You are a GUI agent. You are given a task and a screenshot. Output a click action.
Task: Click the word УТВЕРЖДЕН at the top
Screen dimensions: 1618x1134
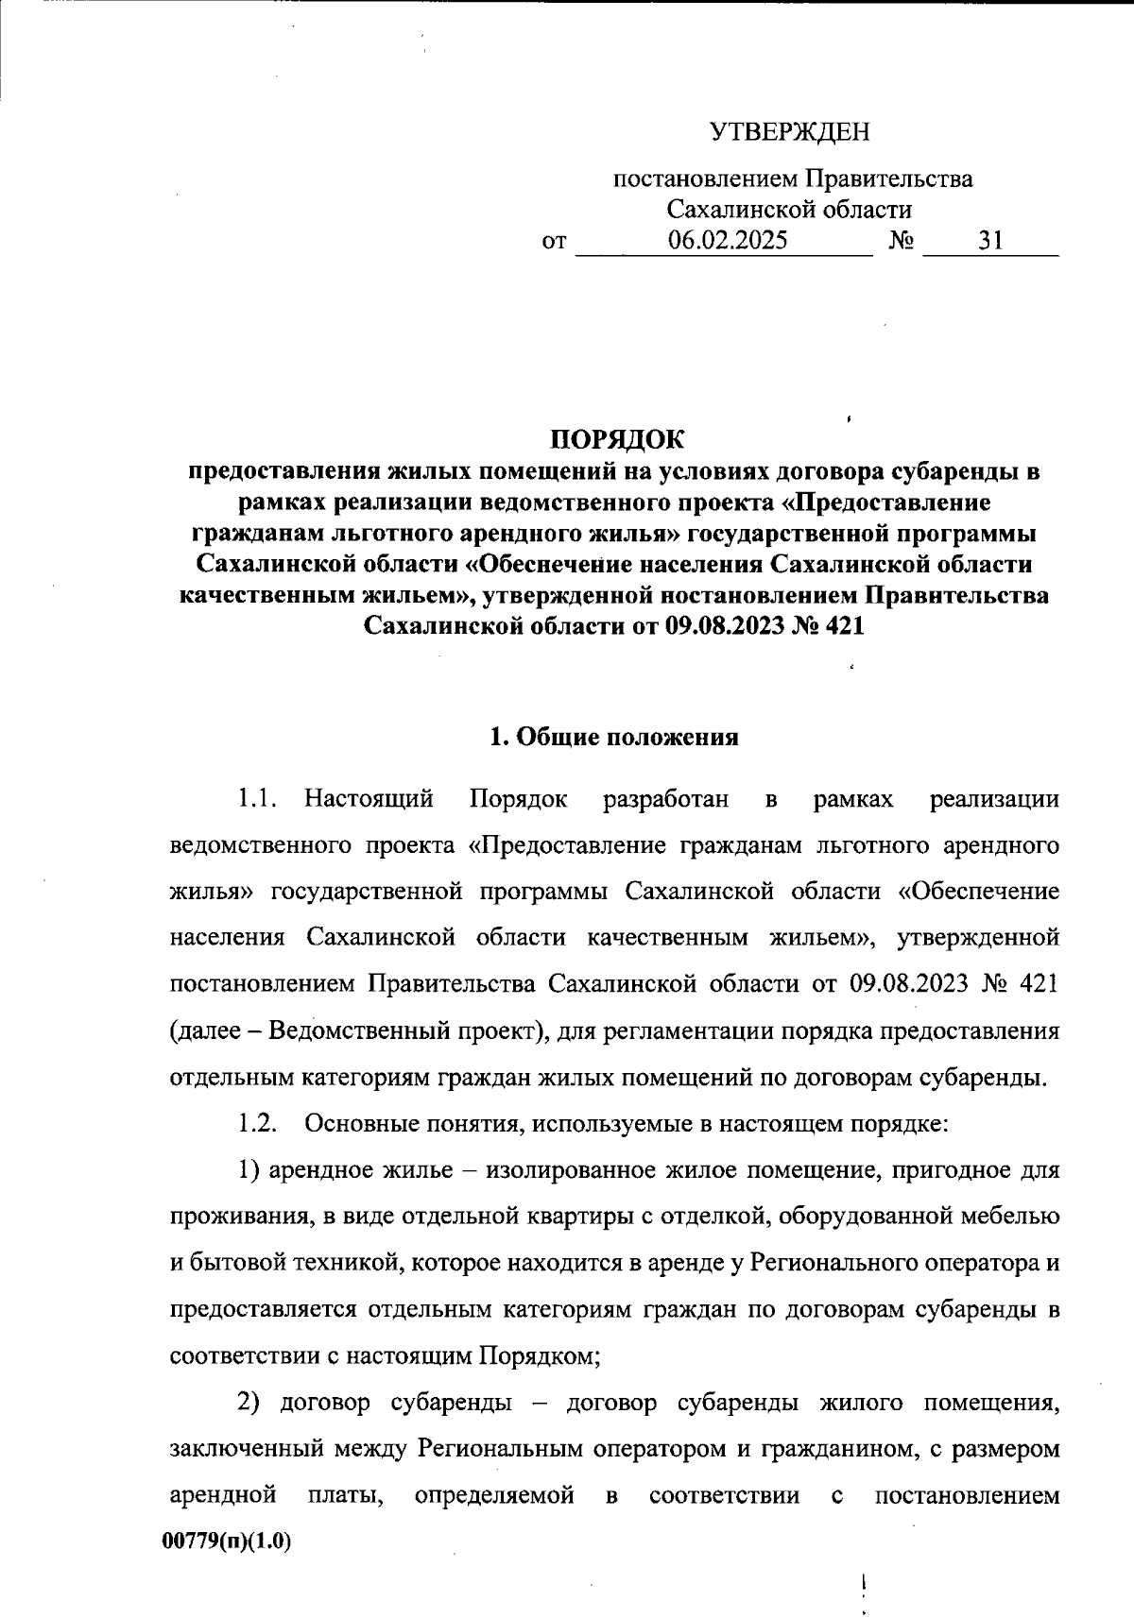(790, 132)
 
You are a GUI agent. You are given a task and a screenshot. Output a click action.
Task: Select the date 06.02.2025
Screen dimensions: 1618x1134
(727, 241)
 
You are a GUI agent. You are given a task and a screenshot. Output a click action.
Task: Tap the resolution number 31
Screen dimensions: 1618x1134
(990, 241)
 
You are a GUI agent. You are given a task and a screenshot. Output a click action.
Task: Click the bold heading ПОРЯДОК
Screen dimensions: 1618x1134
(615, 439)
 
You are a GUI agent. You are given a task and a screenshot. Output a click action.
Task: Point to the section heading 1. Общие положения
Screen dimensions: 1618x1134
(613, 738)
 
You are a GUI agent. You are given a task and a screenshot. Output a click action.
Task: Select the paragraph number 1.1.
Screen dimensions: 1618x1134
(256, 799)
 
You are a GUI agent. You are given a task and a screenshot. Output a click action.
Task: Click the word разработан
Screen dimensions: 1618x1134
(665, 799)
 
